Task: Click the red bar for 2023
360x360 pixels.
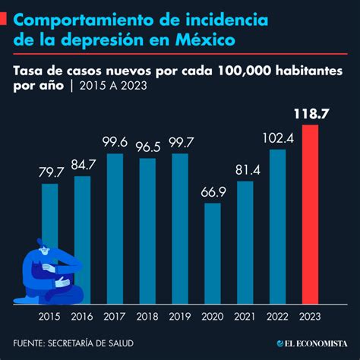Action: click(x=311, y=214)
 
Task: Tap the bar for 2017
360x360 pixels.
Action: click(x=115, y=228)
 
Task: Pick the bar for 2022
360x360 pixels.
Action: click(x=278, y=226)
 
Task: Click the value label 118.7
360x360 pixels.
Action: click(x=311, y=115)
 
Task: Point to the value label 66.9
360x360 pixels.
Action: click(x=213, y=194)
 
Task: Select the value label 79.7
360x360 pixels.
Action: click(x=50, y=173)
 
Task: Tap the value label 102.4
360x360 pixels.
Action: click(x=278, y=139)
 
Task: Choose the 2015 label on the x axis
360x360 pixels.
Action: click(x=50, y=317)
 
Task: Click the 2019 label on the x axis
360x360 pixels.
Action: click(x=180, y=317)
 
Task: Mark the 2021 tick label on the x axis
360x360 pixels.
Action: click(x=245, y=317)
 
